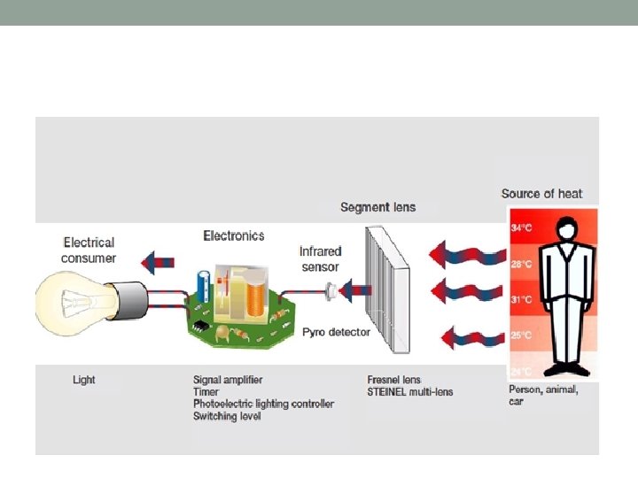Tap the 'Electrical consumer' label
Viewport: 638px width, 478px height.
pyautogui.click(x=89, y=250)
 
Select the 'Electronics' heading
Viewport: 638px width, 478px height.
pyautogui.click(x=234, y=235)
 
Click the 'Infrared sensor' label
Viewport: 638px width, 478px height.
pyautogui.click(x=320, y=258)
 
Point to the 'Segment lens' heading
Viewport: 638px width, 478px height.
pyautogui.click(x=377, y=207)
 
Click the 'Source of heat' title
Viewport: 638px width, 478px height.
pyautogui.click(x=541, y=194)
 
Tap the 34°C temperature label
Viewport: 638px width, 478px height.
pyautogui.click(x=521, y=227)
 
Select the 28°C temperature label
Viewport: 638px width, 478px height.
pyautogui.click(x=521, y=264)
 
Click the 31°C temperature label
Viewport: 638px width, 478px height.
pyautogui.click(x=521, y=299)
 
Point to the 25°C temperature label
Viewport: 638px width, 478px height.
pyautogui.click(x=521, y=335)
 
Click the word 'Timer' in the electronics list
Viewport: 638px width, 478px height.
pyautogui.click(x=206, y=391)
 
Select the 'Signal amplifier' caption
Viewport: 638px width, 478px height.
pyautogui.click(x=228, y=380)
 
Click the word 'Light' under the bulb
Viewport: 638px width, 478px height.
pyautogui.click(x=84, y=380)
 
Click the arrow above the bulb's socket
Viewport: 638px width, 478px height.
pyautogui.click(x=160, y=260)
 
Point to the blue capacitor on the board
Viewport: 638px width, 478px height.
pyautogui.click(x=206, y=285)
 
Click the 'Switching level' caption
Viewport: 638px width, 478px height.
pyautogui.click(x=227, y=415)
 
